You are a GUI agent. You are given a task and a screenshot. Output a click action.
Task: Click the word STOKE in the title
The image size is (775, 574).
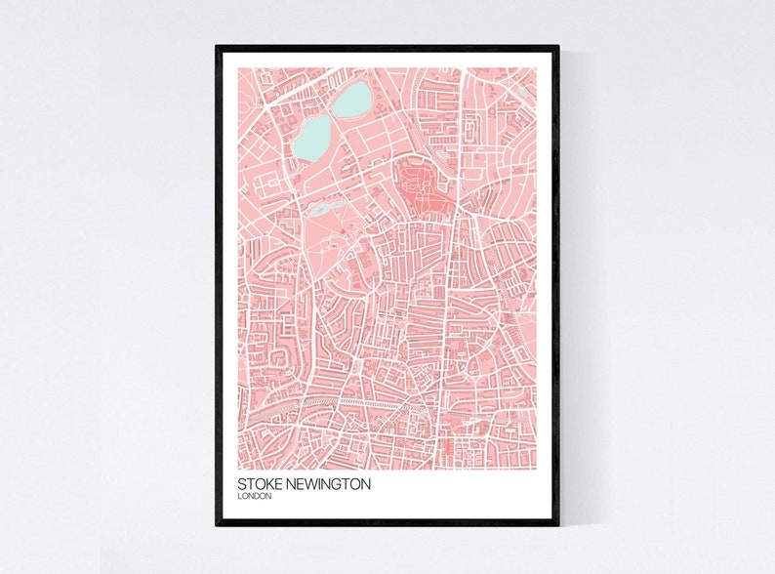(x=258, y=484)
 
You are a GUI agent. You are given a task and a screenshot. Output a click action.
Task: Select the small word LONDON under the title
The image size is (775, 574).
(x=255, y=497)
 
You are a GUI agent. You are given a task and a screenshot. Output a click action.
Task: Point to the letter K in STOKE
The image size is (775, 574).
(x=263, y=484)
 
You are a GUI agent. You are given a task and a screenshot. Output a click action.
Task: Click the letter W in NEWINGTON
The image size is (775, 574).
(x=309, y=484)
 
